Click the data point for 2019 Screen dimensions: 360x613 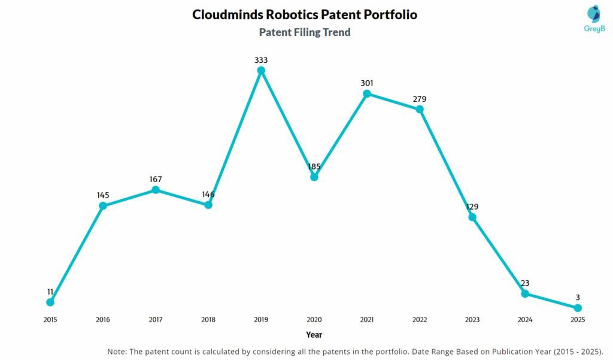pos(261,71)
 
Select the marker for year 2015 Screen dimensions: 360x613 pos(50,302)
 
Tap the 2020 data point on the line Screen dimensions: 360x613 pos(314,177)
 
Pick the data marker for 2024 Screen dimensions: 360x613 pos(525,294)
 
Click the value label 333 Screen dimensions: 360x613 pos(261,60)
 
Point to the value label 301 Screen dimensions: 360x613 pos(366,83)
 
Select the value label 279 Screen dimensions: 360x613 pos(420,99)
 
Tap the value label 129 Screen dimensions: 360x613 pos(472,207)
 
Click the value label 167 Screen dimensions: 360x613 pos(156,179)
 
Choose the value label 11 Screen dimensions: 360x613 pos(50,292)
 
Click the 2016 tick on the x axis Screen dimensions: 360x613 pos(103,320)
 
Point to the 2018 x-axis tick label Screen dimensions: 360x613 pos(208,320)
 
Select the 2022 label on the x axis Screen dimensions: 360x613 pos(420,320)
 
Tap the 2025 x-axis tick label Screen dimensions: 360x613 pos(578,320)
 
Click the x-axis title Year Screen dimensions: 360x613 pos(314,335)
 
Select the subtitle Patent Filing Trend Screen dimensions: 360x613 pos(305,32)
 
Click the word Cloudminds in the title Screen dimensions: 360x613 pos(224,14)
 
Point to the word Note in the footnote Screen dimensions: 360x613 pos(117,351)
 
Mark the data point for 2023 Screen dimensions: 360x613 pos(472,217)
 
